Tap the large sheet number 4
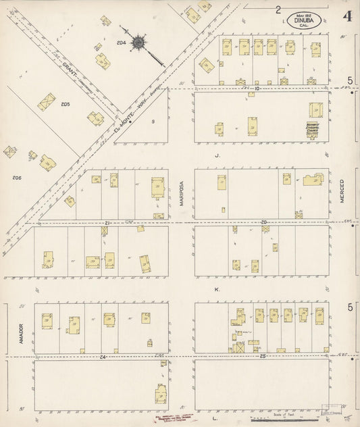347,16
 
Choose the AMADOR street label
21,330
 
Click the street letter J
217,155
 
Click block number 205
66,104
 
